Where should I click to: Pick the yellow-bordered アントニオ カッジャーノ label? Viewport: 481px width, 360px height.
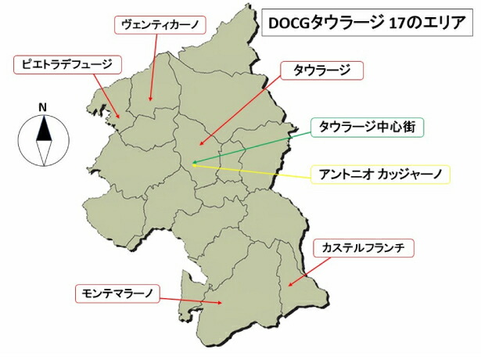pyautogui.click(x=379, y=174)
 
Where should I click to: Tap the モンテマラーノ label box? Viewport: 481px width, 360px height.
pyautogui.click(x=118, y=293)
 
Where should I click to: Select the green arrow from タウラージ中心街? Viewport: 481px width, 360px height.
pyautogui.click(x=250, y=146)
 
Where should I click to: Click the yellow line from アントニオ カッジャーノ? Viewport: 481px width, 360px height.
pyautogui.click(x=250, y=169)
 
